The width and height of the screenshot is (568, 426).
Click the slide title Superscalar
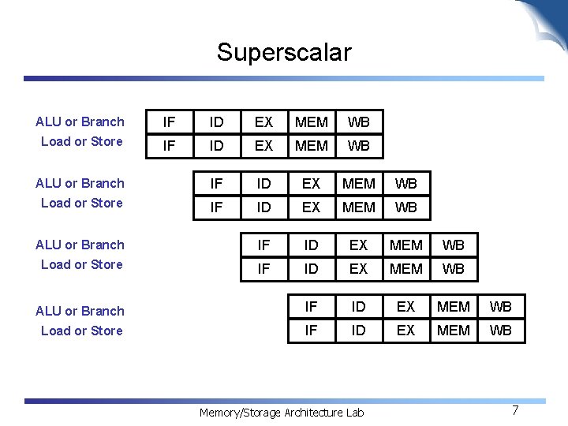coord(284,53)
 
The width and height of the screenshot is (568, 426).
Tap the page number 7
coord(515,410)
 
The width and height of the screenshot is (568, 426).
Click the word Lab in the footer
coord(355,413)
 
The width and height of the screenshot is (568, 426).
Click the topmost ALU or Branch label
coord(80,121)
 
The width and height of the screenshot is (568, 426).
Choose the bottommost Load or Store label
coord(82,331)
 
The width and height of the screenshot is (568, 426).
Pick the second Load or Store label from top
coord(82,203)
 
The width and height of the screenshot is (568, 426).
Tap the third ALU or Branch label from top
coord(80,245)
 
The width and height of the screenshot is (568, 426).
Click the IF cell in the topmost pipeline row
coord(170,122)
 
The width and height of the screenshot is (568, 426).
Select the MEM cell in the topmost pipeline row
coord(312,122)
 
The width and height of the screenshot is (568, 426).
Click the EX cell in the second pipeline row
coord(264,146)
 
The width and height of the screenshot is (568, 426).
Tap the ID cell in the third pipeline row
coord(264,184)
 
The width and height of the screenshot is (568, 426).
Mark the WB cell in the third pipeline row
coord(406,184)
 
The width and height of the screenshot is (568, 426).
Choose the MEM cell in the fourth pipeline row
coord(359,207)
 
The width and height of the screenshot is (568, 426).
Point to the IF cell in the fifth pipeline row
coord(264,245)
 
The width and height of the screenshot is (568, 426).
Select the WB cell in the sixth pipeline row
coord(454,269)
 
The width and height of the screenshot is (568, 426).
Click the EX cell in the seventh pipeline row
coord(406,307)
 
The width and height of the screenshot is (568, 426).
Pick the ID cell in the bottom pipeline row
coord(359,331)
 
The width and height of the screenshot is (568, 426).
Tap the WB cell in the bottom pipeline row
coord(501,331)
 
